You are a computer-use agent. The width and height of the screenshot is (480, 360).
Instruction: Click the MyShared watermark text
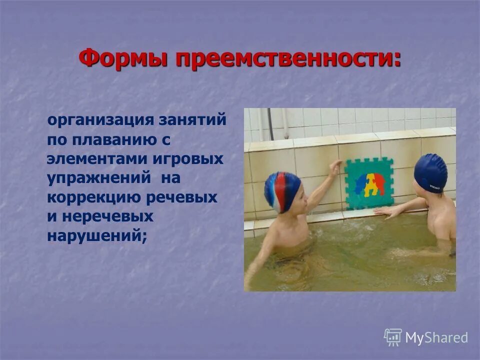[x=436, y=337]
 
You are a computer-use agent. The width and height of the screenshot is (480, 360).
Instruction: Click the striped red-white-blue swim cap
[x=282, y=191]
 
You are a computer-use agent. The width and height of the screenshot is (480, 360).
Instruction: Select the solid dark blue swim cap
[x=430, y=172]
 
